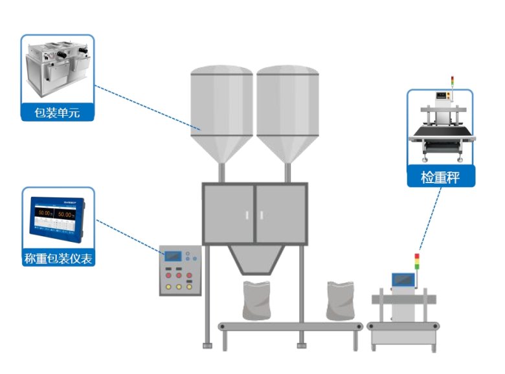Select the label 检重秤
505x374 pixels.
coord(440,177)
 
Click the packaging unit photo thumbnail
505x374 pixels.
coord(58,68)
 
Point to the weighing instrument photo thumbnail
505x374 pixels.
coord(58,217)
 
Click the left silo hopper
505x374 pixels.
coord(221,113)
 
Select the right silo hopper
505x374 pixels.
coord(287,113)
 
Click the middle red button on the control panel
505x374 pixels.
coord(179,276)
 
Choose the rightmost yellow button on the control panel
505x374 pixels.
coord(189,285)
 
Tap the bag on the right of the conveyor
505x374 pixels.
coord(340,300)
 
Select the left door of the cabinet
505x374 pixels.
coord(229,214)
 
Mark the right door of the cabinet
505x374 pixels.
coord(281,214)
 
